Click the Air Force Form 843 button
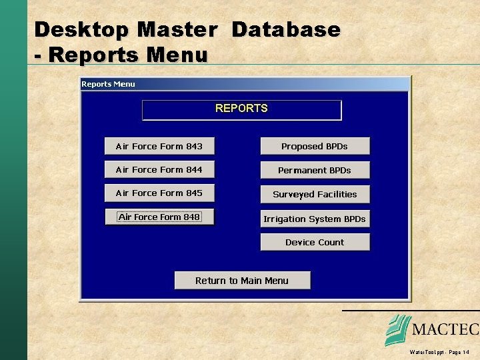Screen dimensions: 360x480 pyautogui.click(x=159, y=146)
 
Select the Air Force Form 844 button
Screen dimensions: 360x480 pyautogui.click(x=159, y=169)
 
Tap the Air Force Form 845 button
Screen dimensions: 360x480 pyautogui.click(x=159, y=193)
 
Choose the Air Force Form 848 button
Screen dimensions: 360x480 pyautogui.click(x=159, y=217)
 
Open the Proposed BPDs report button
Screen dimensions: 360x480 pyautogui.click(x=315, y=146)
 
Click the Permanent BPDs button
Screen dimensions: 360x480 pyautogui.click(x=315, y=170)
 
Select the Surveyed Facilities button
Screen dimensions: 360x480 pyautogui.click(x=315, y=194)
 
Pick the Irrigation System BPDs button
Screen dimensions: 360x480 pyautogui.click(x=315, y=219)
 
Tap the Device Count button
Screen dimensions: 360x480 pyautogui.click(x=315, y=242)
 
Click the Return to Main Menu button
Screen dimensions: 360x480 pyautogui.click(x=242, y=281)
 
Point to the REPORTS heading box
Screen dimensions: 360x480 pyautogui.click(x=241, y=109)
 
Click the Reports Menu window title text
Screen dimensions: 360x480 pyautogui.click(x=108, y=84)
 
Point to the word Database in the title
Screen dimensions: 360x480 pyautogui.click(x=286, y=30)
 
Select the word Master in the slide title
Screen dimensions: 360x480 pyautogui.click(x=176, y=30)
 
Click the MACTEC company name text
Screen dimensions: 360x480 pyautogui.click(x=445, y=330)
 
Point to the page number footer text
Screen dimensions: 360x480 pyautogui.click(x=440, y=351)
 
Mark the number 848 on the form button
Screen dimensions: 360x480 pyautogui.click(x=191, y=217)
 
